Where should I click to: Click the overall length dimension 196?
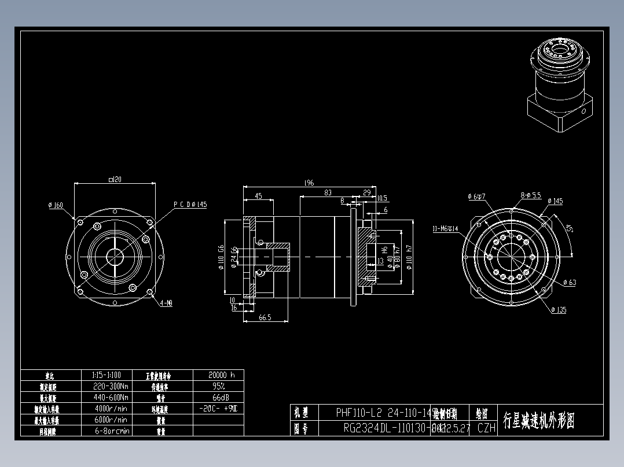309,183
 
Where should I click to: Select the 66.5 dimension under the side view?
265,317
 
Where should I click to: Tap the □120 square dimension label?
115,180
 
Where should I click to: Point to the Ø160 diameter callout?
56,205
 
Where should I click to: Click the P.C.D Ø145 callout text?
190,205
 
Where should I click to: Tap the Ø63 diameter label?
570,283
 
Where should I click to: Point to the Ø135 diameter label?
559,310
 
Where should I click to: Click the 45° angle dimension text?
570,229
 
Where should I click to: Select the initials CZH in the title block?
487,428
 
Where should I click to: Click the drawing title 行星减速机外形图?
539,420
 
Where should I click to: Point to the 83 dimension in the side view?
328,193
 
